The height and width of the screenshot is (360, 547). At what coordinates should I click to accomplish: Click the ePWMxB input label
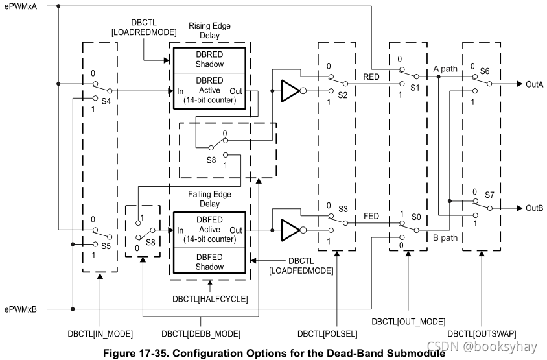point(20,309)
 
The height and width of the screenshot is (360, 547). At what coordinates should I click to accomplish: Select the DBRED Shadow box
point(209,60)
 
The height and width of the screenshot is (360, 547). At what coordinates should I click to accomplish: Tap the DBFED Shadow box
point(209,261)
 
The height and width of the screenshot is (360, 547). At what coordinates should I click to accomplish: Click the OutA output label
point(535,84)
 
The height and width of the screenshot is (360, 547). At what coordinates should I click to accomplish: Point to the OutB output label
point(535,208)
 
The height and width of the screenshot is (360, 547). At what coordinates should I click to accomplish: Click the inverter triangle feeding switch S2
point(290,91)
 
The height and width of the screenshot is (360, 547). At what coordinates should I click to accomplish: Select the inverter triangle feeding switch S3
point(290,229)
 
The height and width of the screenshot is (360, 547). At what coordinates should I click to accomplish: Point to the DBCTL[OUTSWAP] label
point(485,333)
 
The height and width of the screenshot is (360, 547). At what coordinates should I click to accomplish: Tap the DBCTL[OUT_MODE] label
point(408,321)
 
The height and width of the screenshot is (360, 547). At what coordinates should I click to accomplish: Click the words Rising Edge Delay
point(209,30)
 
